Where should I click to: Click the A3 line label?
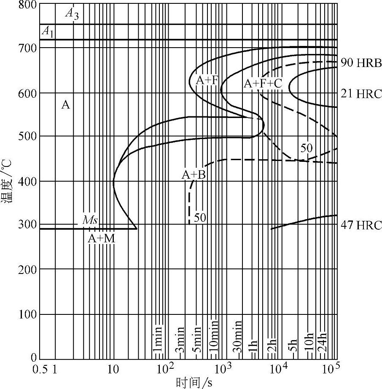click(72, 14)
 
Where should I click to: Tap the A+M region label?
click(101, 239)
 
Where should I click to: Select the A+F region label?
click(206, 80)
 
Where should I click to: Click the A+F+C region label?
click(263, 84)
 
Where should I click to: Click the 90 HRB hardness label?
click(361, 64)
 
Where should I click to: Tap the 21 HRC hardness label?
click(361, 94)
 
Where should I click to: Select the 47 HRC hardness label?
click(361, 225)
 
